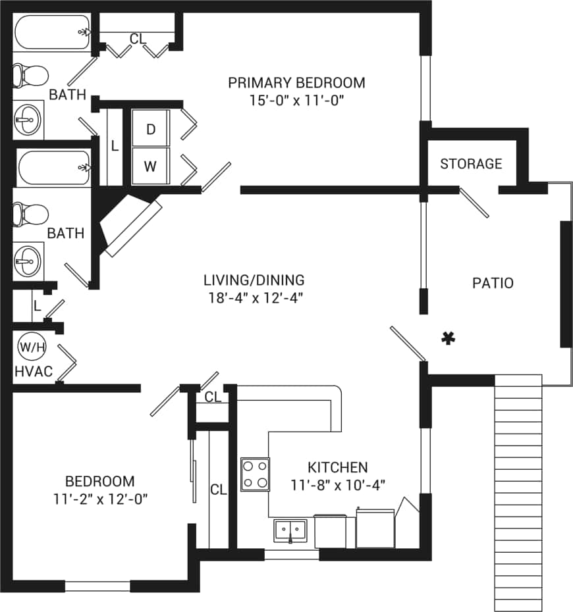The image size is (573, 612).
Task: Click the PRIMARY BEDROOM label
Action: tap(296, 83)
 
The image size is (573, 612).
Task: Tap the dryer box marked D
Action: tap(150, 129)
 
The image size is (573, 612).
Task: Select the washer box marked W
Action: tap(150, 166)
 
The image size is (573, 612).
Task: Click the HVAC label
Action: tap(33, 372)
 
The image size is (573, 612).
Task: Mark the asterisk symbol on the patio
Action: tap(449, 338)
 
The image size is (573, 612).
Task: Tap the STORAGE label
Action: tap(471, 163)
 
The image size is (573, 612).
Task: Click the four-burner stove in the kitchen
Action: tap(256, 474)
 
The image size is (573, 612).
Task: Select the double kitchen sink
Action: tap(290, 530)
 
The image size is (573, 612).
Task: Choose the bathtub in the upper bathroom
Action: tap(53, 32)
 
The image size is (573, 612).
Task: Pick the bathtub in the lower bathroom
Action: tap(53, 168)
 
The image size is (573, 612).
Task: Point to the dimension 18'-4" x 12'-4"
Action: tap(254, 297)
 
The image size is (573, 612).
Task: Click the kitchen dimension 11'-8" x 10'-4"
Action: tap(338, 485)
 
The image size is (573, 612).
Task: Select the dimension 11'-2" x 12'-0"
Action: tap(99, 499)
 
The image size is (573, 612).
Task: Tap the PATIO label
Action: tap(493, 283)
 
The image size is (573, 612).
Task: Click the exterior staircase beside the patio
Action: tap(518, 494)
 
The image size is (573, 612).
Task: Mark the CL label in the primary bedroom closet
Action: tap(137, 39)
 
